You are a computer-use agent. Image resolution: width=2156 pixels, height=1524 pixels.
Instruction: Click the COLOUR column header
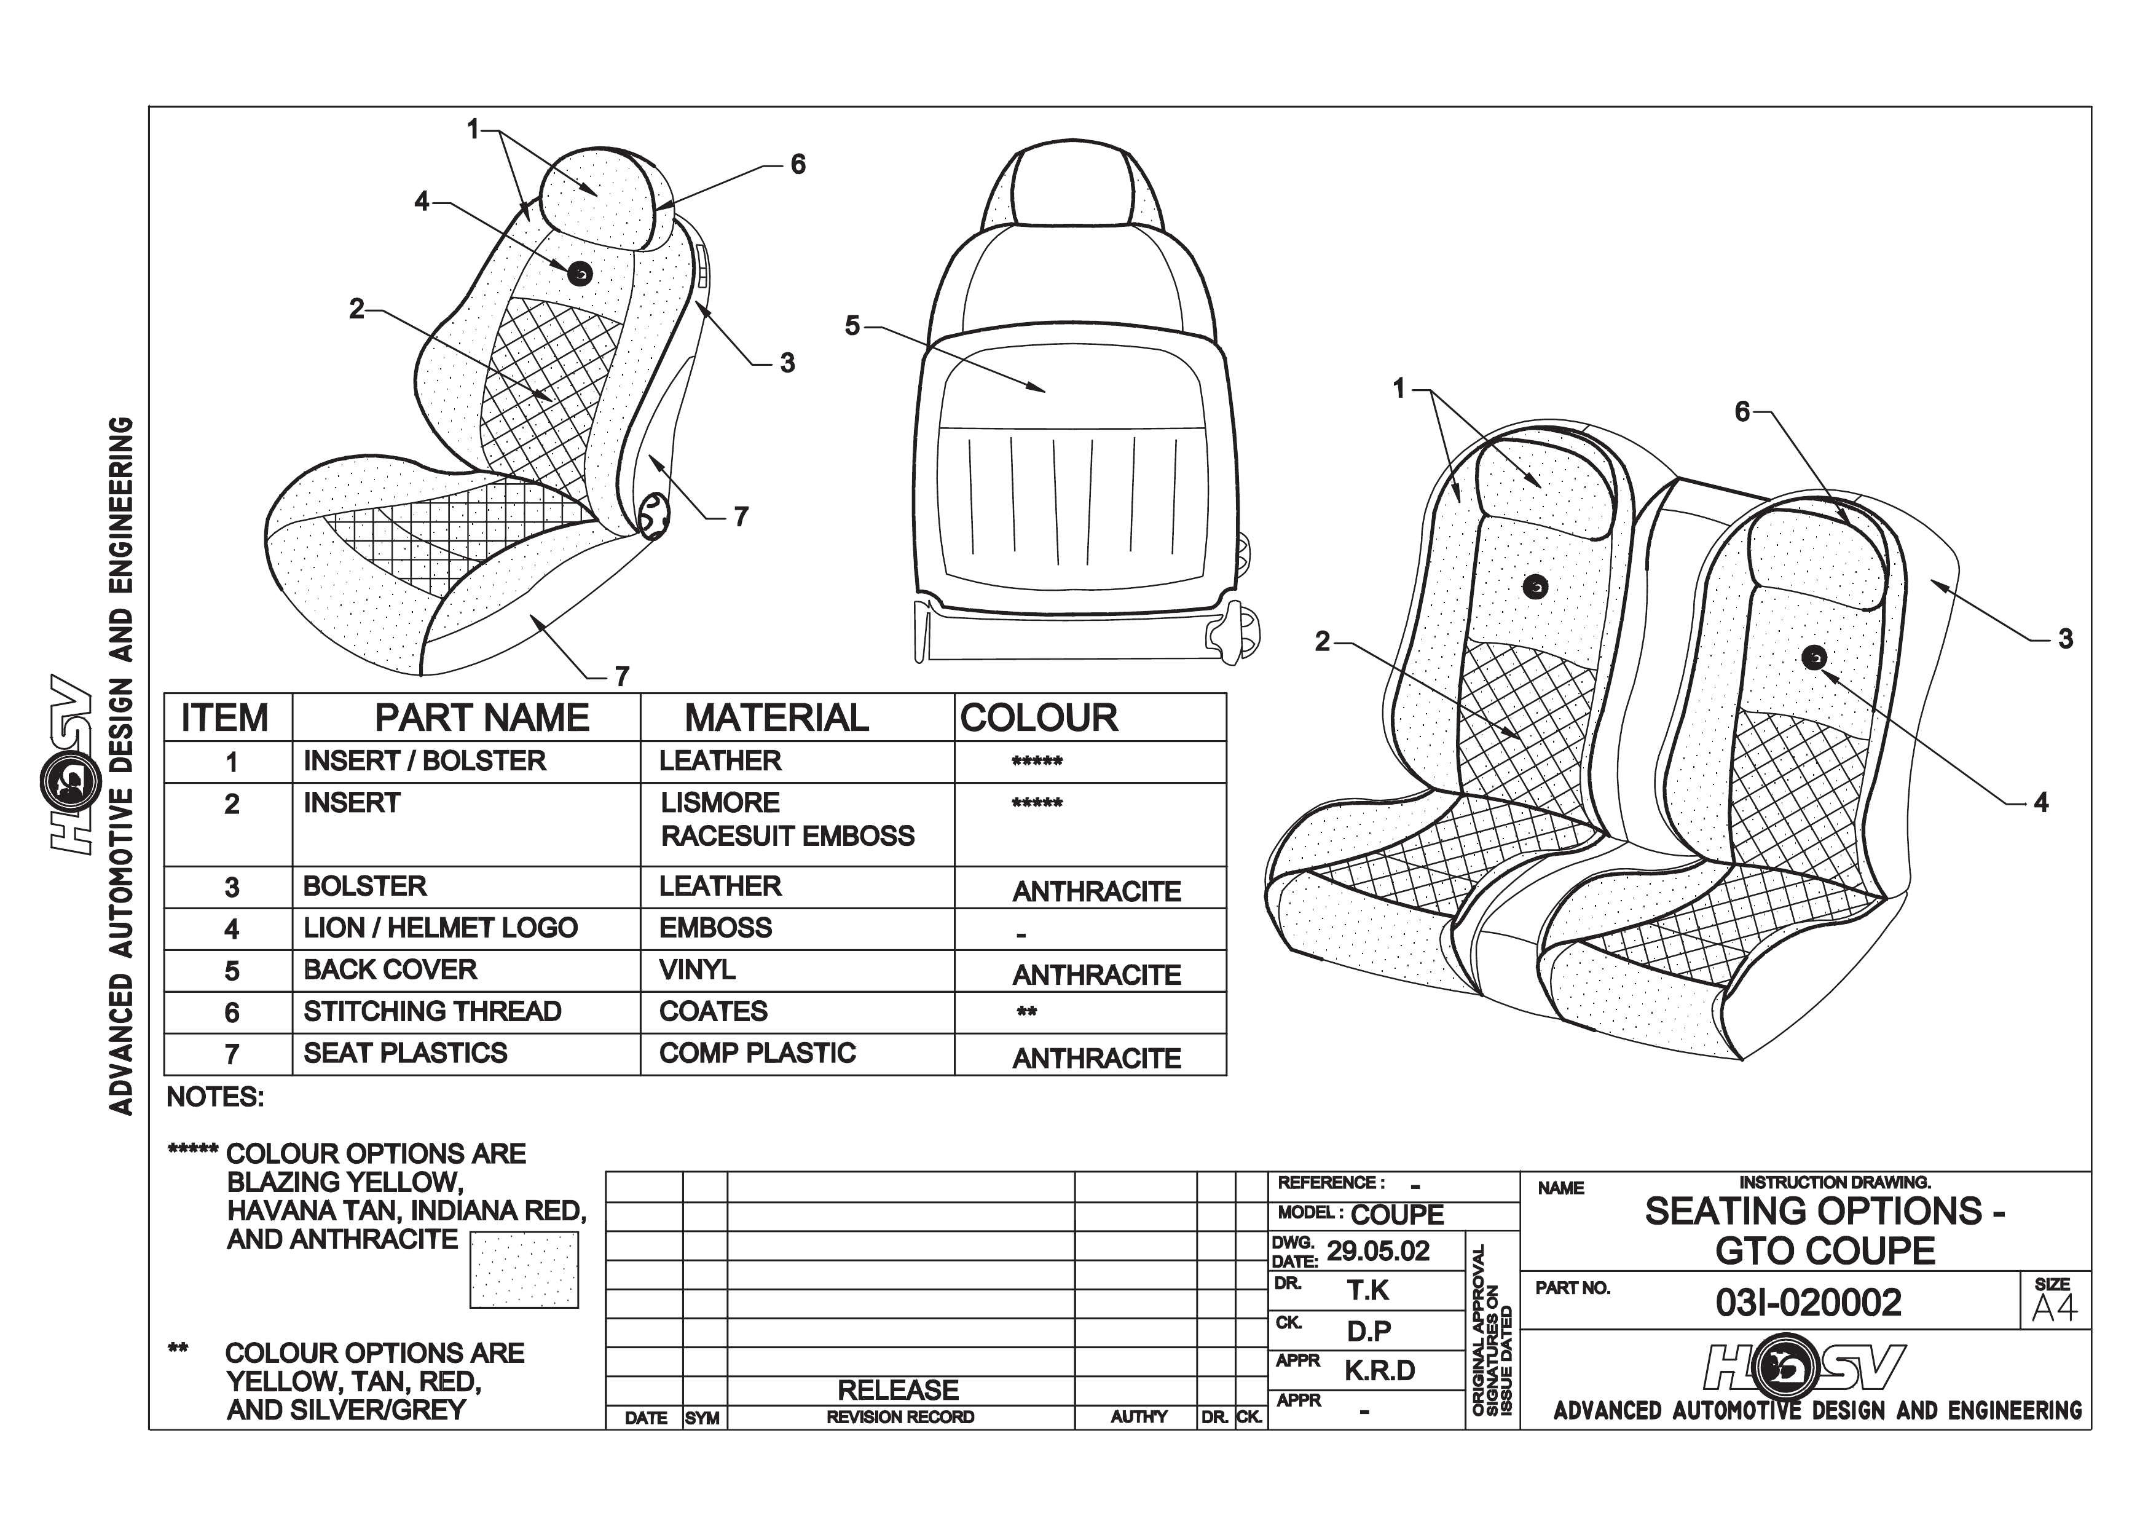[x=1039, y=718]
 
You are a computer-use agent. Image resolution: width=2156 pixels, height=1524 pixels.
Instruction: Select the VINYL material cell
[x=697, y=970]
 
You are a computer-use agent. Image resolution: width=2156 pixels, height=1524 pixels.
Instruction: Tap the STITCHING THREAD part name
[x=432, y=1011]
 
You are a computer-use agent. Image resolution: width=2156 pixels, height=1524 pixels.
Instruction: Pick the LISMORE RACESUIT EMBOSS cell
[x=787, y=819]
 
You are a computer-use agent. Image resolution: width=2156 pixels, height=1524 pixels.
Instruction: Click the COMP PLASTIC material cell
[x=757, y=1052]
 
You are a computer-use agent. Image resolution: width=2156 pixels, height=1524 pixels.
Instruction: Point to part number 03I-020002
[x=1808, y=1303]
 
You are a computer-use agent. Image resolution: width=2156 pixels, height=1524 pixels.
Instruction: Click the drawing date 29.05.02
[x=1377, y=1252]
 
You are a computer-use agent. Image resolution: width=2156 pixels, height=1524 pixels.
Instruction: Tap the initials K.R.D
[x=1379, y=1371]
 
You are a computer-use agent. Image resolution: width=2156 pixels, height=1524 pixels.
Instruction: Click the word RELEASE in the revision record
[x=898, y=1390]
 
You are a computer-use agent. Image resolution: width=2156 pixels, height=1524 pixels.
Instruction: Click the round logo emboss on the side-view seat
[x=580, y=273]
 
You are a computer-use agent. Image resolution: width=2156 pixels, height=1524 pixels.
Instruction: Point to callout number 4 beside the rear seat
[x=2040, y=803]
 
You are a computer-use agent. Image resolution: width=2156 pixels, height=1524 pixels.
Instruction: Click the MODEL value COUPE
[x=1397, y=1215]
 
